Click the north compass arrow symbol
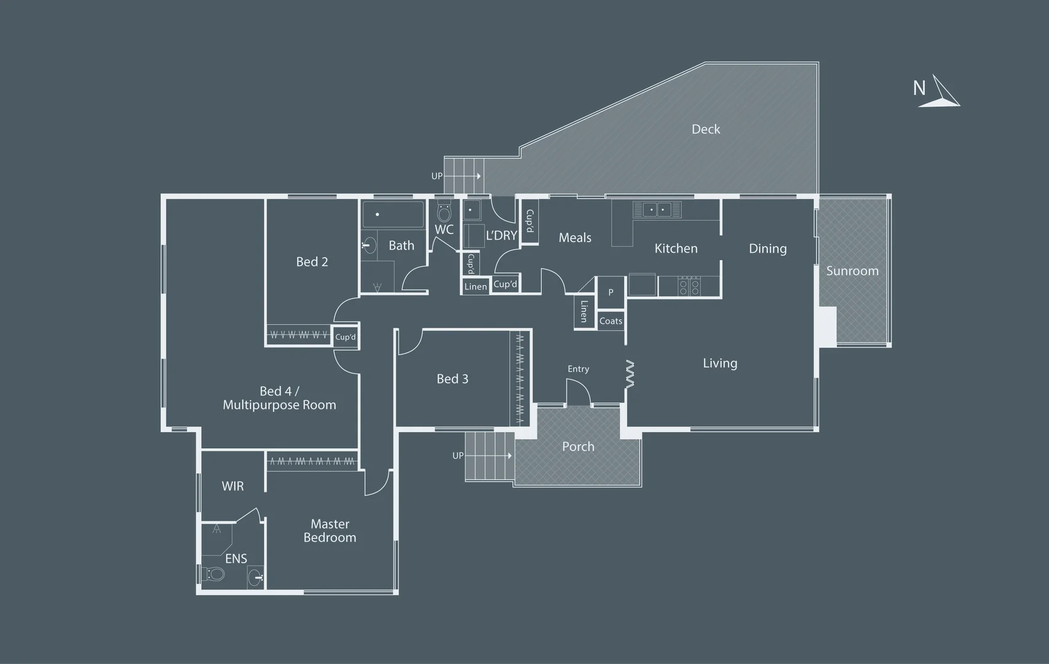941,92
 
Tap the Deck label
705,129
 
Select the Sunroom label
852,271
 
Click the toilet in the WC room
444,212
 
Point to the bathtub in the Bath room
393,215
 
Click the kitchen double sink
657,210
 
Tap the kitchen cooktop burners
689,286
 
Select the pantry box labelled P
611,293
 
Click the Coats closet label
611,321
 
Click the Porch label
578,446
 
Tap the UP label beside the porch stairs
457,456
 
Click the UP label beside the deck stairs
437,176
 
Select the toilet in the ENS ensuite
214,574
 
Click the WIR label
232,486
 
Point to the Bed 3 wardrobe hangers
520,378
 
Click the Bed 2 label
312,261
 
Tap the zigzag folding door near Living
630,374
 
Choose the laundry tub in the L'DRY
472,210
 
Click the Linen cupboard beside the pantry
584,312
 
